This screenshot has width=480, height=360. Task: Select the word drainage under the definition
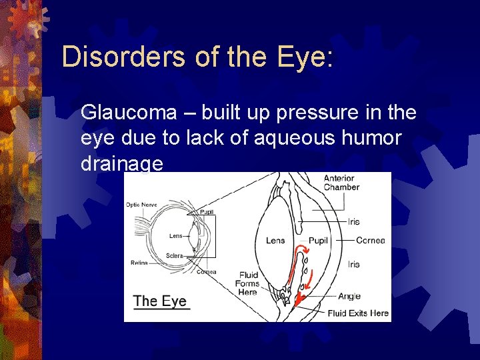click(121, 163)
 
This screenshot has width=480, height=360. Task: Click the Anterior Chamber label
click(341, 183)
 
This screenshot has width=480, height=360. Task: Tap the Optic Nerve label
click(142, 205)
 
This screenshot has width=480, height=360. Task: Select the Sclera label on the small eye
click(175, 256)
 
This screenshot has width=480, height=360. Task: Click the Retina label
click(139, 263)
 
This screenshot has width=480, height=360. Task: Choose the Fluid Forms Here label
click(247, 283)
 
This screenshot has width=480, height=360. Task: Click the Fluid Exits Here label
click(358, 313)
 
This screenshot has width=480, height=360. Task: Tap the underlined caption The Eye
click(160, 301)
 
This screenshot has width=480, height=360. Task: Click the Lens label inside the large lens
click(275, 241)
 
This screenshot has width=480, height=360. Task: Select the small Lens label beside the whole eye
click(176, 236)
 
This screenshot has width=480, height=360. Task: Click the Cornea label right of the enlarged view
click(370, 241)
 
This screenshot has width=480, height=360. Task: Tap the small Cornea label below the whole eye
click(206, 272)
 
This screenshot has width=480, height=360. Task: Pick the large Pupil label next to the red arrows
click(318, 241)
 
